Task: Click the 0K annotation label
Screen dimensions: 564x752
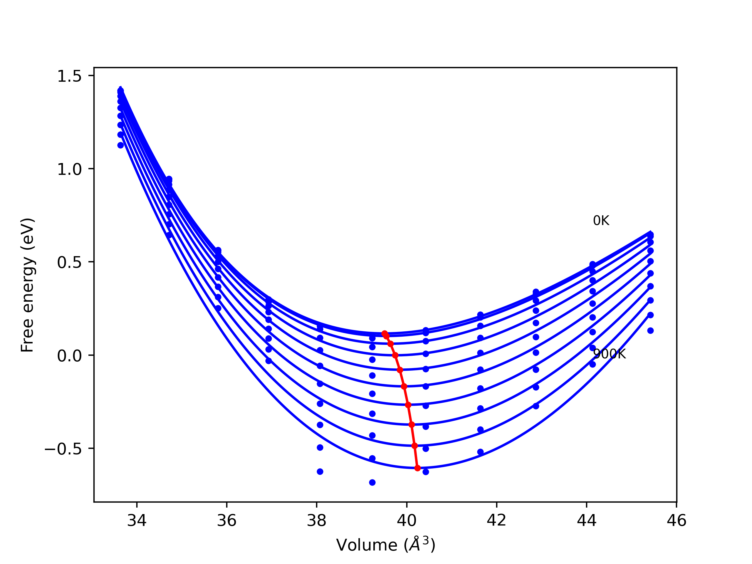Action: (601, 221)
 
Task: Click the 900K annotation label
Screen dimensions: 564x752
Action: (609, 354)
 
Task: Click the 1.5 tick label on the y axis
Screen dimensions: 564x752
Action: (69, 76)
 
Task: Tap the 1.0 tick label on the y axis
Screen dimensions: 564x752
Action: (69, 169)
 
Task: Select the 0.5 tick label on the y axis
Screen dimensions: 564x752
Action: (69, 262)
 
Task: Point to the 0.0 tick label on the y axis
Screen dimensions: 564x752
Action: (69, 356)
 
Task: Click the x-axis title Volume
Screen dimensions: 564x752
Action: (385, 545)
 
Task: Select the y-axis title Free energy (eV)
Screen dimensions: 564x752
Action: (27, 285)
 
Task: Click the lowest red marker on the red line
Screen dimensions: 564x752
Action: (417, 468)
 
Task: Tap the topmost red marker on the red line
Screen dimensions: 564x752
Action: (385, 334)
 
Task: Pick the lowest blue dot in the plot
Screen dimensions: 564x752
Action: (372, 482)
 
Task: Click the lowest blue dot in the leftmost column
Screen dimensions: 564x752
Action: (120, 145)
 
